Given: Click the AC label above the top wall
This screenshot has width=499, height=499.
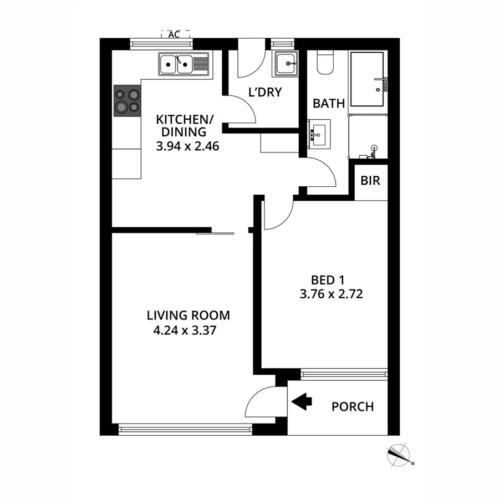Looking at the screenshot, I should [x=174, y=34].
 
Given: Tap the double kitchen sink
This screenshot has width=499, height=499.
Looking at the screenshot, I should [x=183, y=64].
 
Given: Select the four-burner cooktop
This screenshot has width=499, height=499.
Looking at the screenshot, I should [x=127, y=101].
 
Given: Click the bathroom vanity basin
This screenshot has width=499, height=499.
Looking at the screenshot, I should [x=319, y=134].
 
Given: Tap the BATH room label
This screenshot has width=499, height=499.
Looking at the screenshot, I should [x=329, y=103].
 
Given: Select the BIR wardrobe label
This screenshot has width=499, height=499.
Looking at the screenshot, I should [x=370, y=181].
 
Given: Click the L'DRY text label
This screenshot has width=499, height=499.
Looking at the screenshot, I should [x=265, y=92].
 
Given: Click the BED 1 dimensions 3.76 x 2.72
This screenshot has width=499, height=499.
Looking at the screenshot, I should [x=331, y=294].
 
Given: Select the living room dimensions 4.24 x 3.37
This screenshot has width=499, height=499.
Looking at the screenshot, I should [x=180, y=331].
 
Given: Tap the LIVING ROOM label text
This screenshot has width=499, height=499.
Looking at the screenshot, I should [x=188, y=315].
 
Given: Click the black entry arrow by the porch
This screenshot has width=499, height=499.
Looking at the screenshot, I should [x=302, y=402].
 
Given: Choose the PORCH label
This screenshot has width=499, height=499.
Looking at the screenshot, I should [x=353, y=406].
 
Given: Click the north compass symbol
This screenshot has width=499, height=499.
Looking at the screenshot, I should [x=398, y=455].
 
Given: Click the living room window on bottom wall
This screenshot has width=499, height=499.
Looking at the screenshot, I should [x=185, y=427].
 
